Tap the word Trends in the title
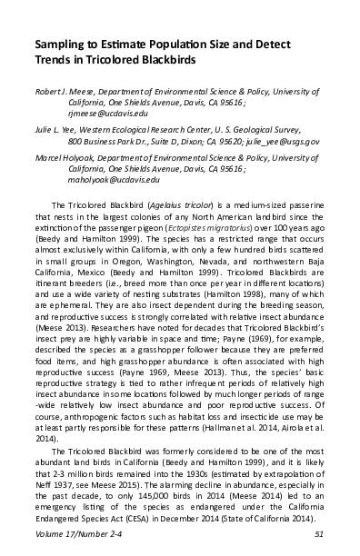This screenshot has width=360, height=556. (x=54, y=59)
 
